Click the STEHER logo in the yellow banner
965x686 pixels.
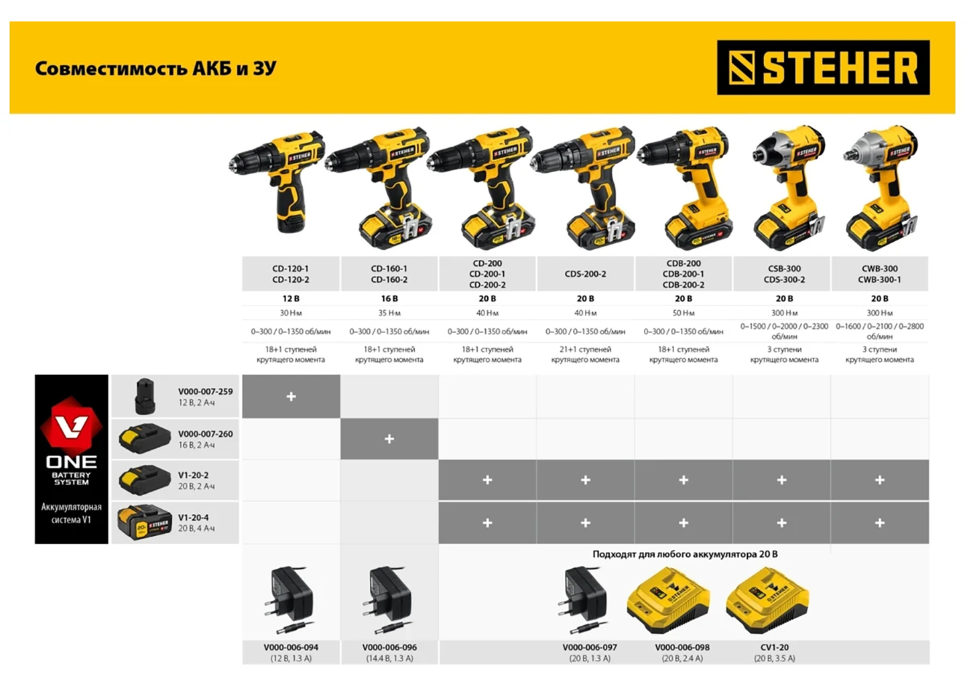click(x=823, y=67)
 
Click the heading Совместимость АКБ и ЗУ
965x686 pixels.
click(x=155, y=68)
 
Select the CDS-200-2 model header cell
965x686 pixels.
click(x=585, y=274)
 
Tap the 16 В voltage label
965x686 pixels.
click(x=389, y=298)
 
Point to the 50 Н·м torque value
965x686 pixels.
click(x=684, y=313)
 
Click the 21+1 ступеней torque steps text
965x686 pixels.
click(x=585, y=349)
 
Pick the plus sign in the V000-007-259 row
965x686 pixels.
click(x=292, y=397)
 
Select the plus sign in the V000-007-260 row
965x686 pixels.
click(x=389, y=439)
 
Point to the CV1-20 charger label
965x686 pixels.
click(x=775, y=647)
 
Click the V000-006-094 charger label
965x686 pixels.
click(x=292, y=647)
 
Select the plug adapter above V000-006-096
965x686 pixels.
click(x=386, y=601)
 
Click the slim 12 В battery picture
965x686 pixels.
click(x=145, y=397)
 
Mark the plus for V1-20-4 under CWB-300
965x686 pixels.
click(x=880, y=523)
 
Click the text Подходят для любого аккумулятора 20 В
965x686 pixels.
click(x=685, y=554)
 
